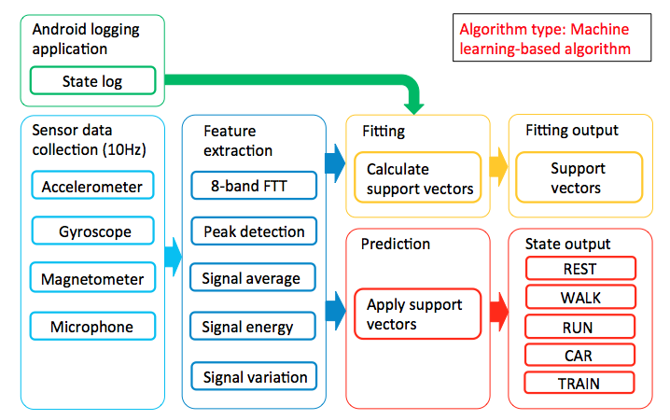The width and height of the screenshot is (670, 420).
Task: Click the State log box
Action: click(92, 80)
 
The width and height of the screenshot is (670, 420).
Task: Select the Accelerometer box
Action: click(92, 185)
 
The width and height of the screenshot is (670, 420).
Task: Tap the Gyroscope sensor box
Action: click(92, 231)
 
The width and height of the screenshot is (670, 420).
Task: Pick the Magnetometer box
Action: click(92, 277)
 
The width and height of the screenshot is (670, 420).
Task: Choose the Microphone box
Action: click(92, 326)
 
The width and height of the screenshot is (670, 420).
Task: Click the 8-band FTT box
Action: click(254, 186)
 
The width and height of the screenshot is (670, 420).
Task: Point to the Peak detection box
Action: click(254, 231)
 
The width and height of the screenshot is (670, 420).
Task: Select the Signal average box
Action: click(253, 277)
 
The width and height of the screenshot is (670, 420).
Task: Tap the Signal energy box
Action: click(253, 326)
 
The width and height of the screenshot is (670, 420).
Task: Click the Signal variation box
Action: click(254, 376)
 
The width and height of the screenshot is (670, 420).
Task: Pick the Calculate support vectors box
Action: click(417, 177)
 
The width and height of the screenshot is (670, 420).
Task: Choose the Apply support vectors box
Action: click(417, 314)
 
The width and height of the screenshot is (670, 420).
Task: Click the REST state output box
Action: click(580, 268)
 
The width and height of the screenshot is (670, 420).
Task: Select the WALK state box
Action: click(580, 297)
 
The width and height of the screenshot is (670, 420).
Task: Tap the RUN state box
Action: click(579, 327)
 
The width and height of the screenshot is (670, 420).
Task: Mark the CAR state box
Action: click(579, 355)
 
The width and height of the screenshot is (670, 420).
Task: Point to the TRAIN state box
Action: click(579, 383)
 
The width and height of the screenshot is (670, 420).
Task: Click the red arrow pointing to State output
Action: click(499, 311)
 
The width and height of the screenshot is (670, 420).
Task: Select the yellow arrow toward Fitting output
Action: click(498, 167)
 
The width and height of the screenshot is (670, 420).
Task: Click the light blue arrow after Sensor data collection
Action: click(173, 258)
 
